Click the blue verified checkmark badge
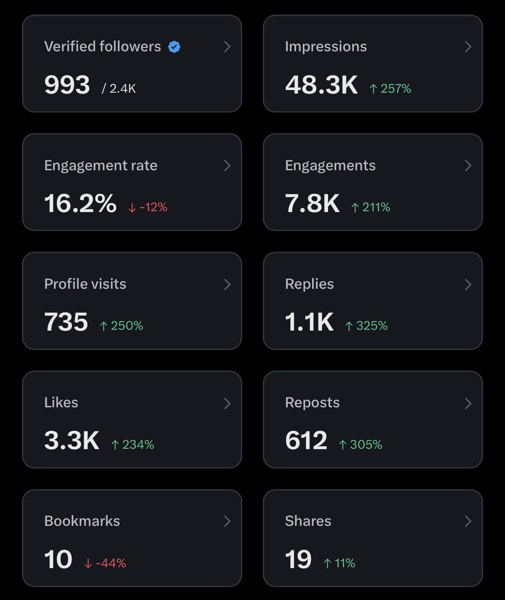pyautogui.click(x=174, y=47)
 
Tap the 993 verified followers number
pyautogui.click(x=67, y=84)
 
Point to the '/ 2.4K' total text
pyautogui.click(x=119, y=89)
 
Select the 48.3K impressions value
pyautogui.click(x=321, y=85)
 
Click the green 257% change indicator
pyautogui.click(x=390, y=89)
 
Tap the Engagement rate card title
pyautogui.click(x=101, y=165)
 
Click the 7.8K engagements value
pyautogui.click(x=312, y=203)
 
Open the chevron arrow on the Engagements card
pyautogui.click(x=468, y=165)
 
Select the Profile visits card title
pyautogui.click(x=85, y=284)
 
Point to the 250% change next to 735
pyautogui.click(x=121, y=326)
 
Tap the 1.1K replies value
pyautogui.click(x=309, y=322)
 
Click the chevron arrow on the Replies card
pyautogui.click(x=468, y=284)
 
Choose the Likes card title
pyautogui.click(x=61, y=402)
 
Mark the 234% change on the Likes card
pyautogui.click(x=133, y=444)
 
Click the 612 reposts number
pyautogui.click(x=306, y=440)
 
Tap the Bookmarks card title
pyautogui.click(x=82, y=521)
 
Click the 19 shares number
pyautogui.click(x=298, y=559)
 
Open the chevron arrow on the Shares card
pyautogui.click(x=468, y=521)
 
